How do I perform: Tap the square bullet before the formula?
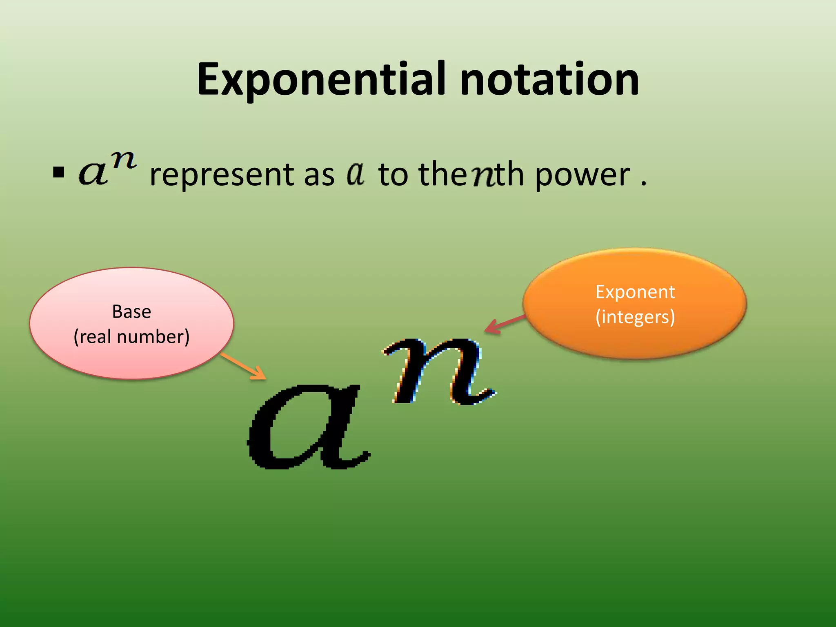click(x=59, y=173)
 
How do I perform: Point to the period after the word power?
click(x=644, y=184)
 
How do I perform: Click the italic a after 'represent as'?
click(x=356, y=173)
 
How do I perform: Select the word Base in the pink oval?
click(x=131, y=312)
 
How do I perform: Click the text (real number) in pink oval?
click(x=131, y=337)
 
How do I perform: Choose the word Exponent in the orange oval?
click(x=635, y=292)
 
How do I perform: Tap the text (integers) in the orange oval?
click(x=635, y=317)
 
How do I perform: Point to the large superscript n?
click(x=439, y=371)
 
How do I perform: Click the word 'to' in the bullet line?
click(x=393, y=175)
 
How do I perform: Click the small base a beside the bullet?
click(x=93, y=173)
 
